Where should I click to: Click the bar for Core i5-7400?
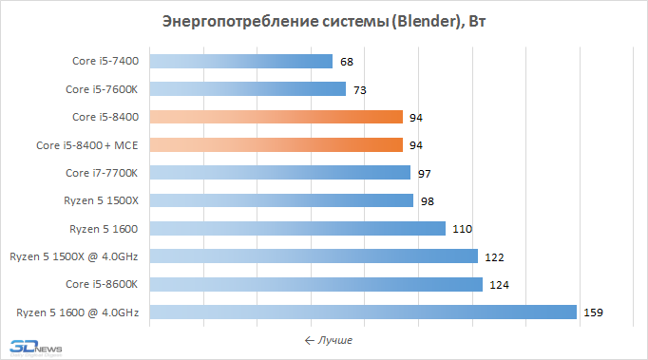[241, 61]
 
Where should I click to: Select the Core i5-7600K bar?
[248, 89]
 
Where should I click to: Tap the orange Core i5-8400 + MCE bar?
[276, 144]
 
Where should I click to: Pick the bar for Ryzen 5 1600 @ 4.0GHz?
[363, 313]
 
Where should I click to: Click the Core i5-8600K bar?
[316, 284]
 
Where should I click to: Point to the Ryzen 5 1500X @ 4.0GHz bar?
[314, 256]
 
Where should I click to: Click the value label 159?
[593, 313]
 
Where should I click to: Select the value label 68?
[347, 62]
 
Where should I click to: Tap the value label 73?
[360, 90]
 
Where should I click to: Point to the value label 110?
[462, 229]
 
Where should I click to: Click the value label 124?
[499, 285]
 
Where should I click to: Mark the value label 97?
[425, 174]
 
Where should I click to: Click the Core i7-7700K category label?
[102, 173]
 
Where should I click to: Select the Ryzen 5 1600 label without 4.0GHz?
[104, 229]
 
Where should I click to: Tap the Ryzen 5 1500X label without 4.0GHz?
[102, 200]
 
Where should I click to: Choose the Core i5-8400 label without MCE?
[105, 117]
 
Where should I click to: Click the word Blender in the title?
[424, 21]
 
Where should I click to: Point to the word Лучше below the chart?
[335, 341]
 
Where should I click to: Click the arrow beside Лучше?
[310, 341]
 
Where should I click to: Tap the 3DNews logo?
[36, 348]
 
